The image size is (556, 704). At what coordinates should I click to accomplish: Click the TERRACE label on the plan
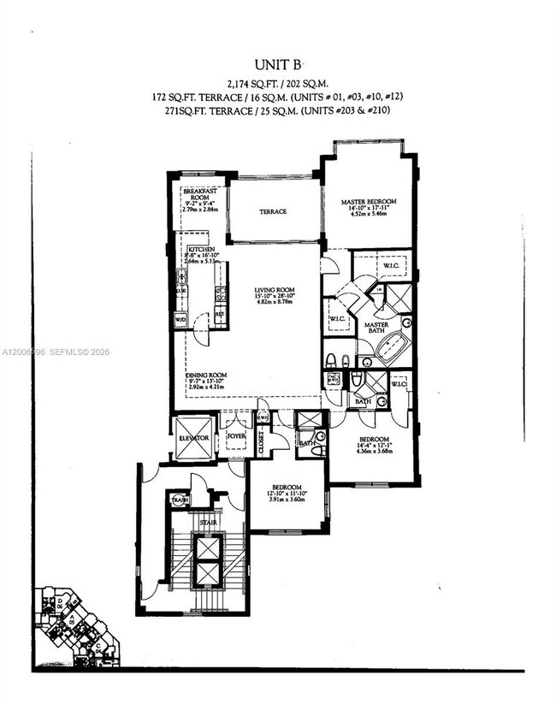point(274,211)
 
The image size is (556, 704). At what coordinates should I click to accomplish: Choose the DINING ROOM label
point(206,375)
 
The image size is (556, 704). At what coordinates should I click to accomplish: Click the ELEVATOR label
point(193,437)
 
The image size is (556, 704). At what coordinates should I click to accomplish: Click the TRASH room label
point(180,500)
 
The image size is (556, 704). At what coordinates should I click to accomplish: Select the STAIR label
point(208,520)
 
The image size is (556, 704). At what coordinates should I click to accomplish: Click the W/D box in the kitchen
point(180,320)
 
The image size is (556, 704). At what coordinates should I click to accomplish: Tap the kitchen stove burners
point(220,295)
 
